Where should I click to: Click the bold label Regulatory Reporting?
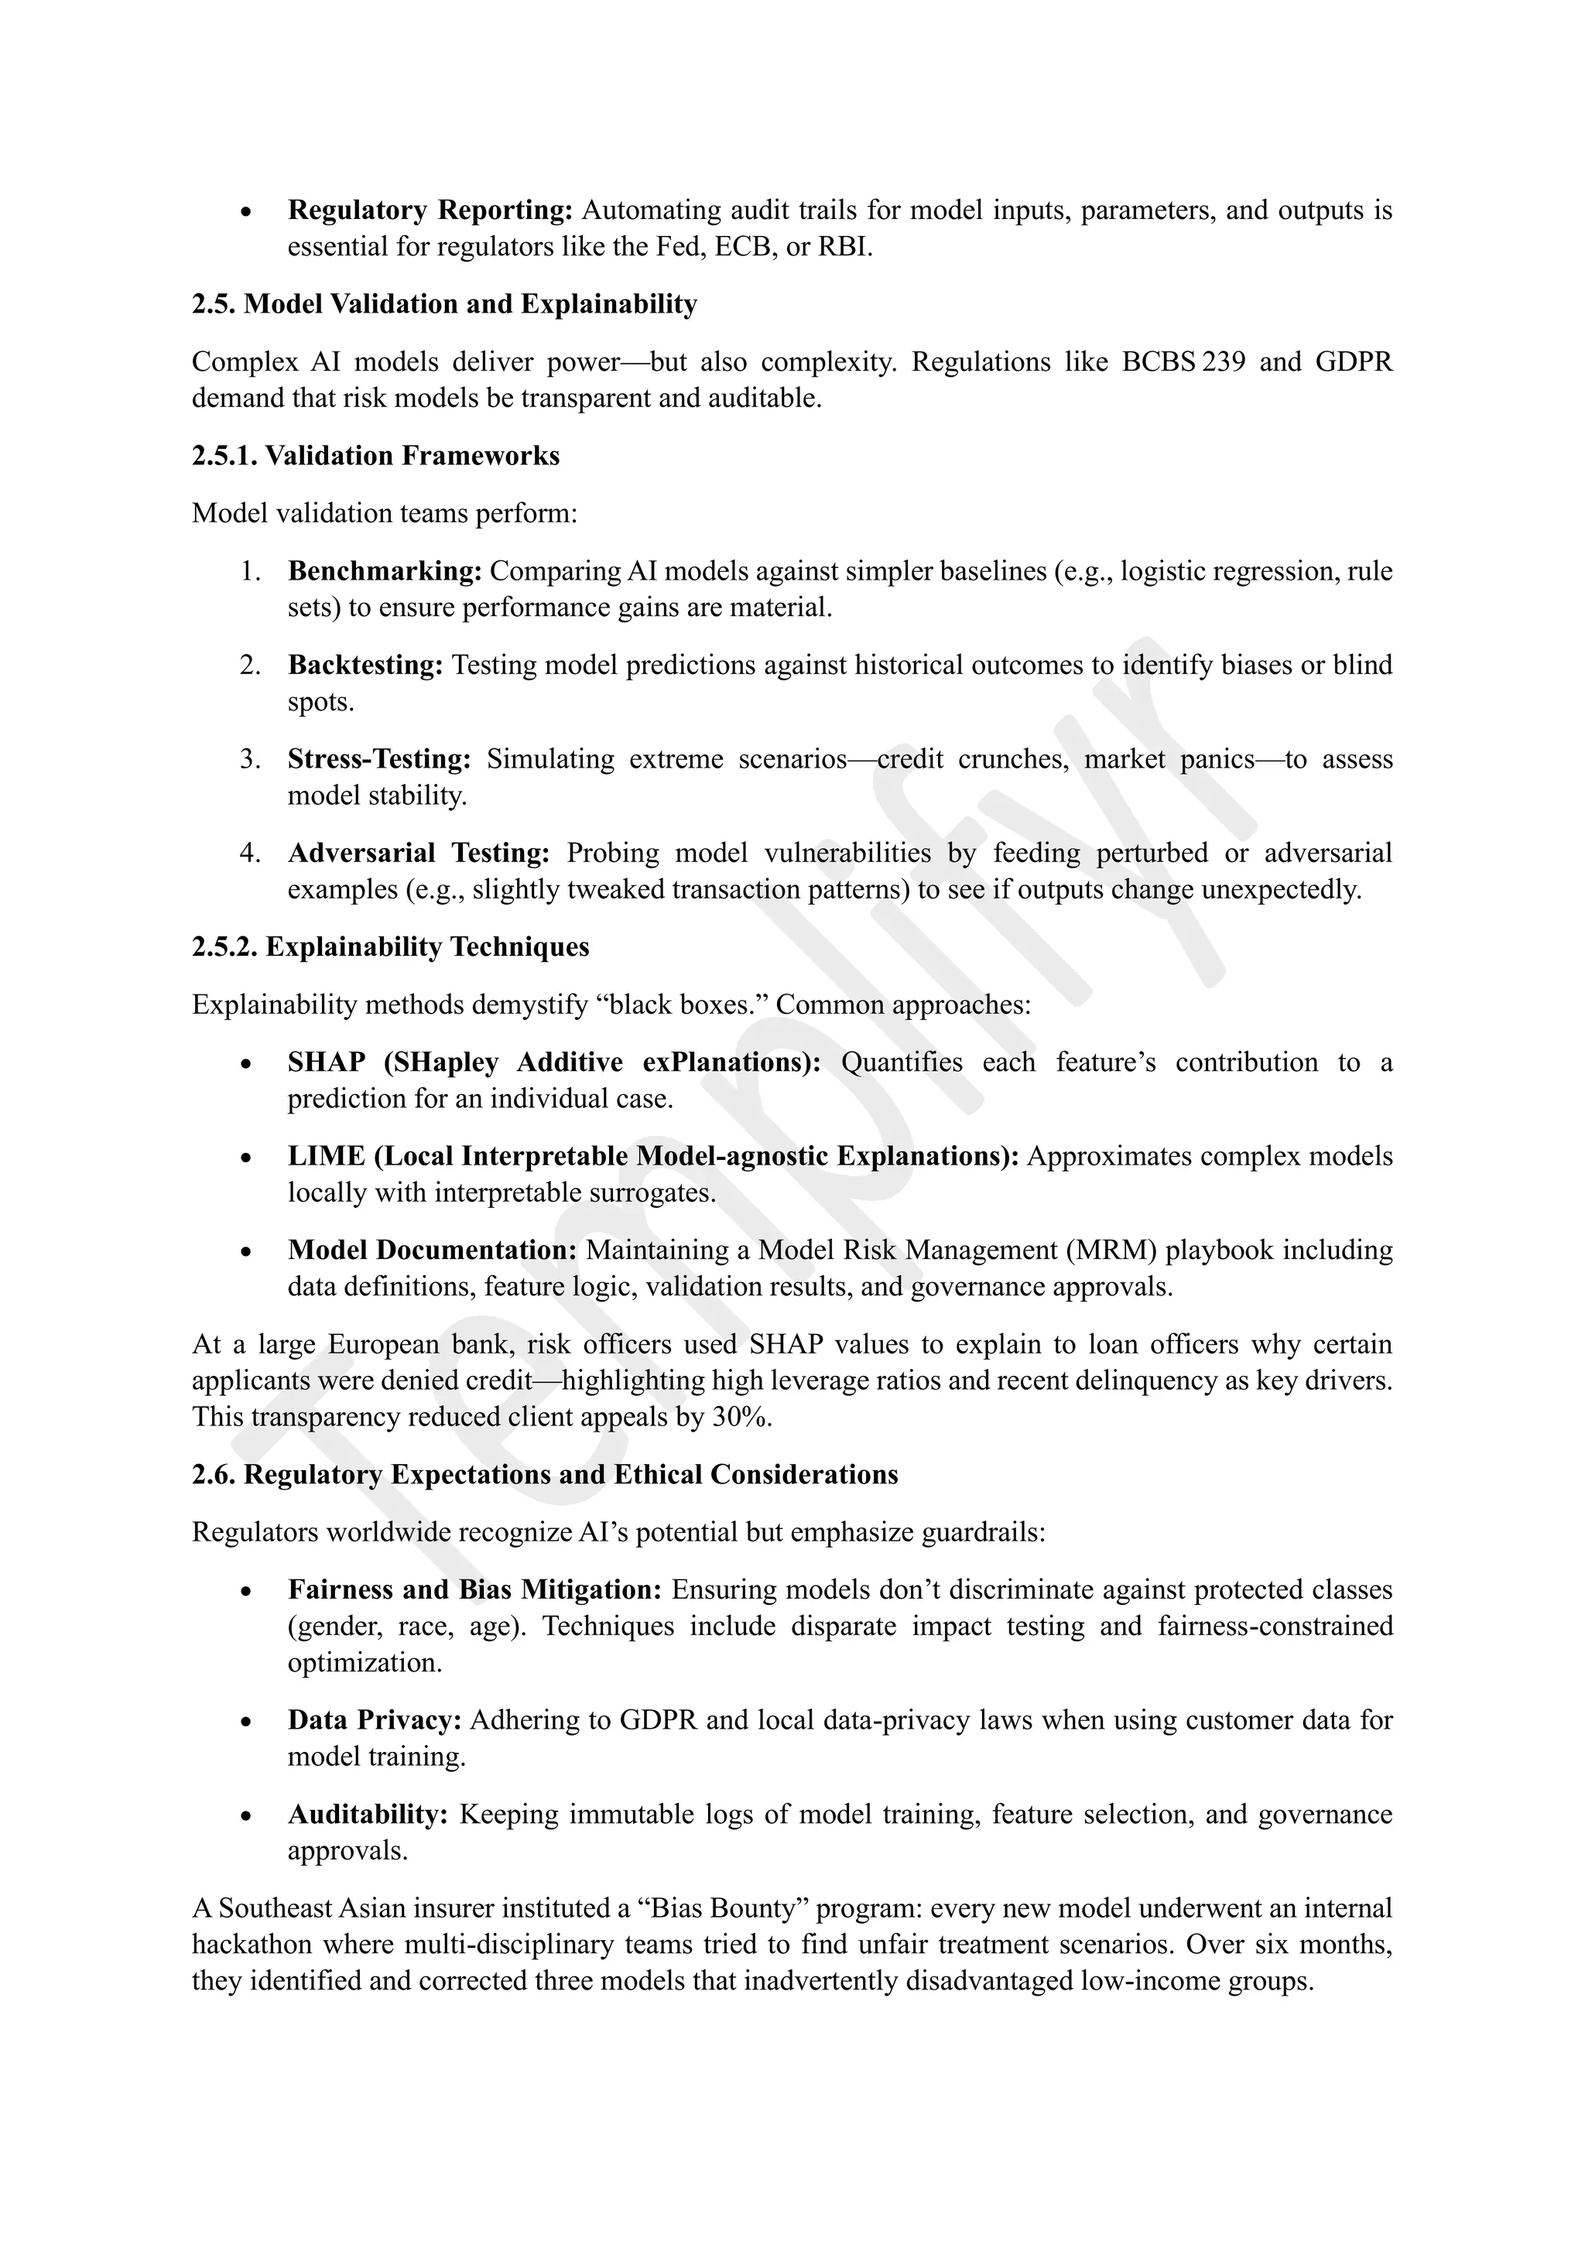pyautogui.click(x=430, y=210)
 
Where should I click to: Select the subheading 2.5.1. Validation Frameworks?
pyautogui.click(x=376, y=456)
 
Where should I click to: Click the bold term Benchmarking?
pyautogui.click(x=385, y=571)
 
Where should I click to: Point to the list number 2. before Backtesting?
pyautogui.click(x=250, y=665)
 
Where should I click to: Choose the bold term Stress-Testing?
pyautogui.click(x=378, y=759)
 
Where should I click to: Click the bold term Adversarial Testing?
pyautogui.click(x=419, y=853)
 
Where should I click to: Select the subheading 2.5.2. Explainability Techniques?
pyautogui.click(x=390, y=946)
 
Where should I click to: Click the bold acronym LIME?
pyautogui.click(x=326, y=1157)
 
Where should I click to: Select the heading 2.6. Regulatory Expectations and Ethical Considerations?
pyautogui.click(x=545, y=1475)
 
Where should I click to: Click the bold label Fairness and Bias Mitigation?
pyautogui.click(x=474, y=1590)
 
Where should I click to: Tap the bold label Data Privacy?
pyautogui.click(x=375, y=1721)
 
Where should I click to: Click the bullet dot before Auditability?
pyautogui.click(x=247, y=1816)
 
